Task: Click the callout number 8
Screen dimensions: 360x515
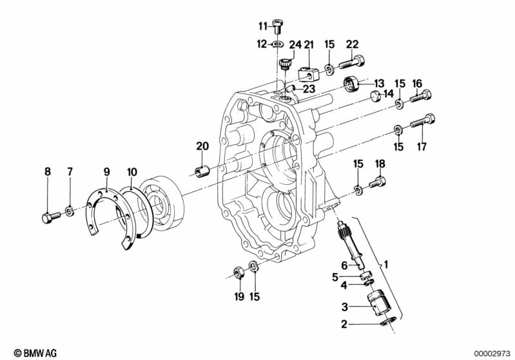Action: coord(46,171)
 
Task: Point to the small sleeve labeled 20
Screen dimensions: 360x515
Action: coord(202,172)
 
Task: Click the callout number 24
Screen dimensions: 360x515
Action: coord(295,44)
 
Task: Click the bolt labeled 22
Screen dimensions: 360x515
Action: coord(350,64)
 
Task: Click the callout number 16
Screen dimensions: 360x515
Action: coord(417,83)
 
